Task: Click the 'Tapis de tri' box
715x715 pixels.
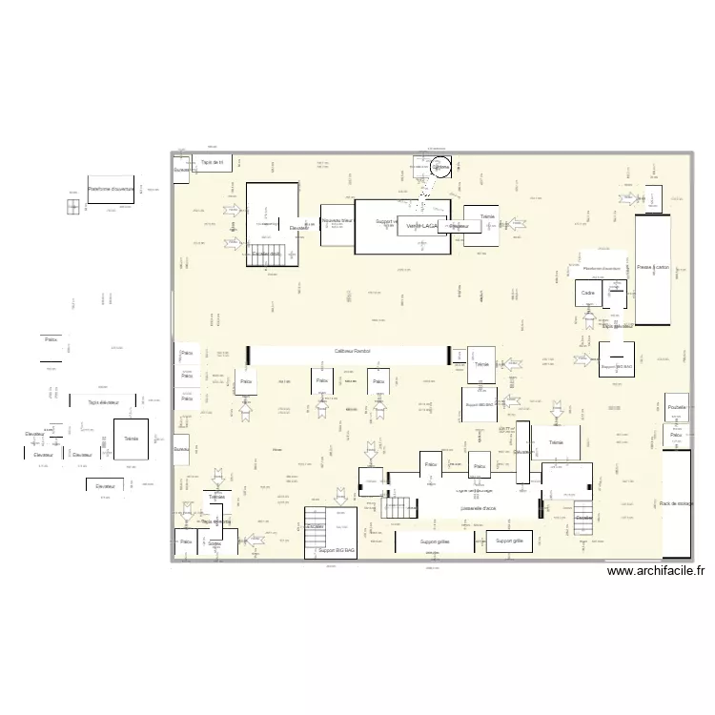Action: (212, 163)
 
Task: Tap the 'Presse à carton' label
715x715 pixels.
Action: (654, 268)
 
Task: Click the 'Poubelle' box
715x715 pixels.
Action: (677, 406)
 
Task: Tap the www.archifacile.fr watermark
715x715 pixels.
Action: (656, 572)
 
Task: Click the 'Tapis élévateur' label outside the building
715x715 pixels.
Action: (104, 402)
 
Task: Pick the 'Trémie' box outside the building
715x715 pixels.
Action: (132, 439)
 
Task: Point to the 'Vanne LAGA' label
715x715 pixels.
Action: (420, 226)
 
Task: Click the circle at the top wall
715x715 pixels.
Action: (439, 168)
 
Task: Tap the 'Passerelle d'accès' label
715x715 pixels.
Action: (478, 509)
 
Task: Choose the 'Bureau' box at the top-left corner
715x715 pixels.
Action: (181, 170)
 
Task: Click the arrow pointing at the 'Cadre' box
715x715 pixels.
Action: (588, 314)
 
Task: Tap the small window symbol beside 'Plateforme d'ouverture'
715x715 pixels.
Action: (72, 206)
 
